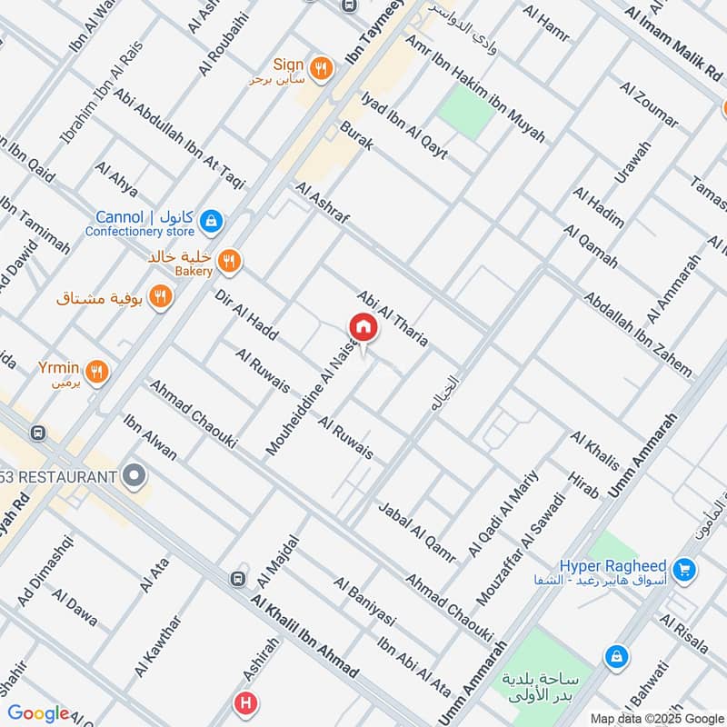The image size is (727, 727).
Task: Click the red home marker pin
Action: pos(363,327)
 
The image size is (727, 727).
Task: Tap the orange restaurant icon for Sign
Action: pos(319,66)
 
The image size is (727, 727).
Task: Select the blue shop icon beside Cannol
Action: pos(211,220)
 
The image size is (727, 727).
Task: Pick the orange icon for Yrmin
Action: pos(99,370)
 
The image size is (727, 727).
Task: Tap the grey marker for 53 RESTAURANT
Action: pos(135,475)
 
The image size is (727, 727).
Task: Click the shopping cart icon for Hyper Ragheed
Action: pos(686,570)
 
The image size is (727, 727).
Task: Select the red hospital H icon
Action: pos(244,702)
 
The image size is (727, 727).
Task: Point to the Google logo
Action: pos(39,713)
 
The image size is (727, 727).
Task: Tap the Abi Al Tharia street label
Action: pos(393,319)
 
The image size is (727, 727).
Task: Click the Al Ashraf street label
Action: pos(322,205)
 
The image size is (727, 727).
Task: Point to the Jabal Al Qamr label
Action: pos(415,531)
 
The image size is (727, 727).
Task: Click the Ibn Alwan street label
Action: pos(150,437)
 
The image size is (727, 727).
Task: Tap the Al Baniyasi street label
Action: pos(364,602)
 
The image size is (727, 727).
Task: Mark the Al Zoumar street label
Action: pos(649,105)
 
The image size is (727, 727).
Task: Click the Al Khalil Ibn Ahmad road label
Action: pos(304,637)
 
